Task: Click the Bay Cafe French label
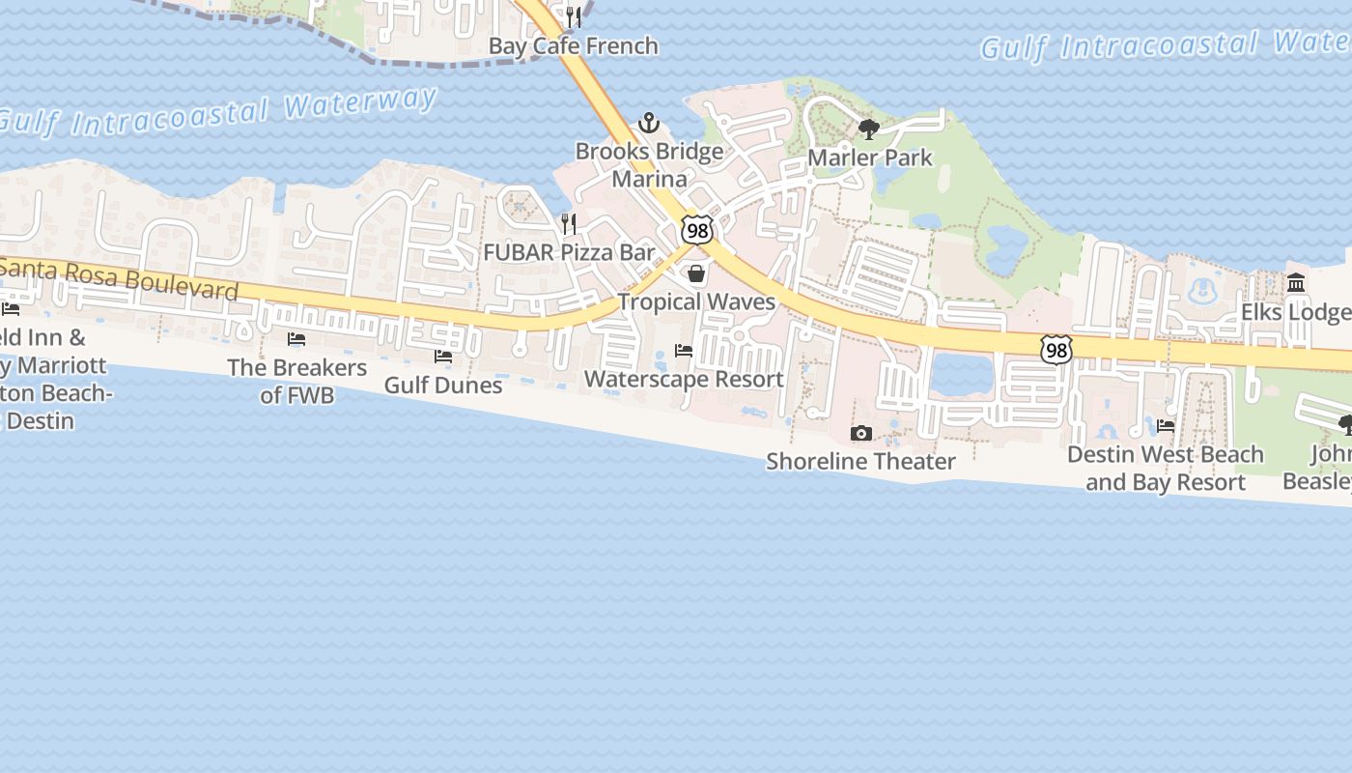click(573, 45)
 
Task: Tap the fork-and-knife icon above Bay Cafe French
click(574, 16)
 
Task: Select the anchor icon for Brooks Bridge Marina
click(649, 123)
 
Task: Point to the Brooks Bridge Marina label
click(649, 165)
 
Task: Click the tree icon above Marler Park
click(869, 129)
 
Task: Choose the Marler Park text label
click(869, 157)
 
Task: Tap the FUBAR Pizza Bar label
click(570, 253)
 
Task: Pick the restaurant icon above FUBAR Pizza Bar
click(569, 224)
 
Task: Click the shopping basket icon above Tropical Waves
click(695, 273)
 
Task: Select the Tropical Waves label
click(696, 301)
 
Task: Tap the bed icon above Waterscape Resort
click(684, 351)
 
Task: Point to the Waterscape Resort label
click(684, 379)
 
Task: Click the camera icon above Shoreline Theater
click(860, 433)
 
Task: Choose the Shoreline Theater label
click(860, 461)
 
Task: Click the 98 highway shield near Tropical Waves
click(696, 230)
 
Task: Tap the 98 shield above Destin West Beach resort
click(1056, 350)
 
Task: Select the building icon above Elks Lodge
click(1296, 283)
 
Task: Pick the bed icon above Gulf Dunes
click(443, 357)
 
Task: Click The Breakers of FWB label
click(296, 381)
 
